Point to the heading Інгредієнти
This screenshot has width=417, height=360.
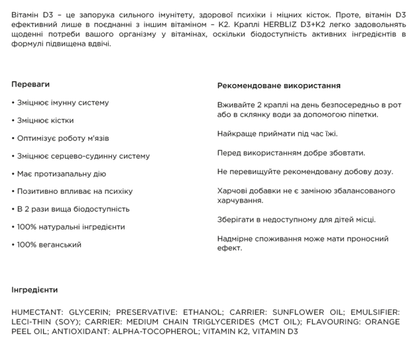(35, 290)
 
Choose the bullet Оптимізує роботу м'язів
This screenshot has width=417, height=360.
(60, 138)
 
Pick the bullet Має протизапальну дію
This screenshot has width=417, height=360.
(58, 173)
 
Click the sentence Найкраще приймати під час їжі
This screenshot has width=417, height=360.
(278, 134)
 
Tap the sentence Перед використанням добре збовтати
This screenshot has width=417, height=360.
(291, 153)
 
